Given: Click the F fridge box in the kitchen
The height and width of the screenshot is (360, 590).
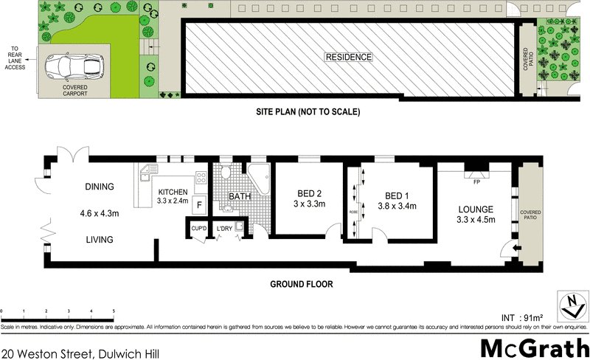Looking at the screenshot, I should pyautogui.click(x=198, y=205).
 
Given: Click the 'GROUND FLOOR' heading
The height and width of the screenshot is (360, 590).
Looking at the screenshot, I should pyautogui.click(x=301, y=283).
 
